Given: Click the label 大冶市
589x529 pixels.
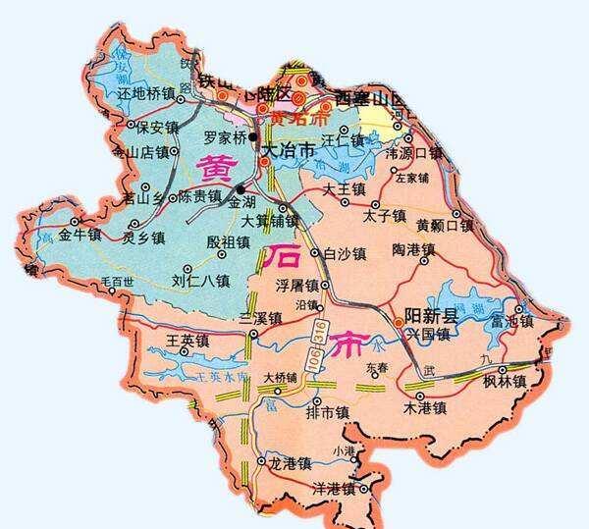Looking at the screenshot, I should (x=291, y=152).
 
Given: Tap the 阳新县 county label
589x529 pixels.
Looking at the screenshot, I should (x=432, y=316).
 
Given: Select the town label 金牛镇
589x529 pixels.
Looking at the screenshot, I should (x=80, y=236).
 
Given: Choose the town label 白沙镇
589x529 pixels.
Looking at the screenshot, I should (x=345, y=253).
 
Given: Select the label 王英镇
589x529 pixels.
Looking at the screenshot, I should (x=189, y=342).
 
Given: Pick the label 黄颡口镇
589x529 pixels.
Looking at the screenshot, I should (x=445, y=225).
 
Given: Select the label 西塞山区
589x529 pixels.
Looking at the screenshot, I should (x=370, y=99).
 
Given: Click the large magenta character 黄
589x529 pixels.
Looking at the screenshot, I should (x=216, y=171).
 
